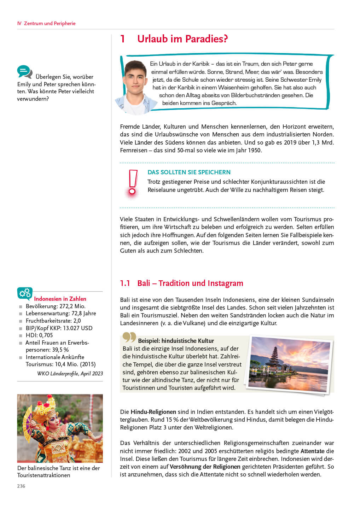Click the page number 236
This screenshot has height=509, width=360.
(x=21, y=486)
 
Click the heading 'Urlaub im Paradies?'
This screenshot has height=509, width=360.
(x=182, y=39)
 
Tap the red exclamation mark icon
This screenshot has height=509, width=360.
(x=133, y=183)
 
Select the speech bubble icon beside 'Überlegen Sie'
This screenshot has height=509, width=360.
(x=24, y=72)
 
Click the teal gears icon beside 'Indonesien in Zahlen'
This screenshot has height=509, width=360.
(x=25, y=293)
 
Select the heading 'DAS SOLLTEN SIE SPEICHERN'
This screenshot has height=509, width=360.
(x=189, y=172)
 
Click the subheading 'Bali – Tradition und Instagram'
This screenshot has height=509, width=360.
(x=190, y=283)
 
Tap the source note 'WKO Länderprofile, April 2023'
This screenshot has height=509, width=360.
(x=70, y=373)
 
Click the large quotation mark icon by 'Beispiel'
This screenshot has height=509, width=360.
(x=129, y=337)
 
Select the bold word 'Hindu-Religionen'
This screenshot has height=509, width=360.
(x=153, y=412)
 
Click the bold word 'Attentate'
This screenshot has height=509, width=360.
(x=312, y=451)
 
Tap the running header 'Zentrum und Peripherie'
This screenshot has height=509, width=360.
(x=50, y=23)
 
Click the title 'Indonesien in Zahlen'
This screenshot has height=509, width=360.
(x=60, y=299)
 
